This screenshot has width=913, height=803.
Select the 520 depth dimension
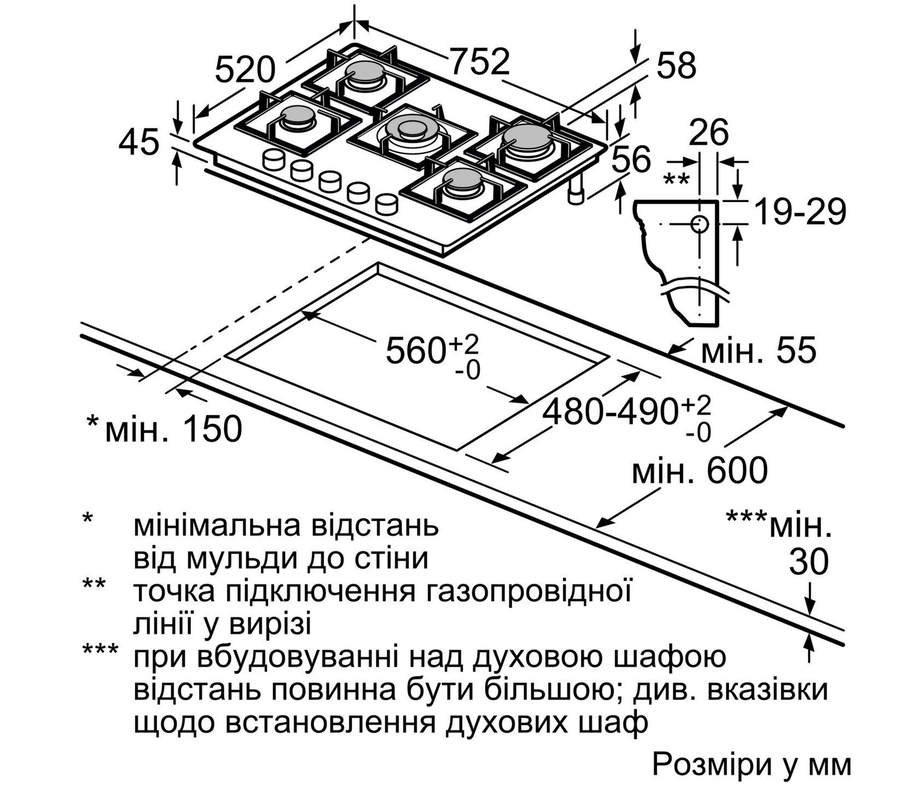point(244,70)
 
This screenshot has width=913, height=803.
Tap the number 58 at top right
point(676,65)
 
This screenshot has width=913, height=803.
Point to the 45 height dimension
point(139,142)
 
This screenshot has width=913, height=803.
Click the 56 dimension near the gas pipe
point(631,159)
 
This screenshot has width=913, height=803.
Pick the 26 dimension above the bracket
point(708,132)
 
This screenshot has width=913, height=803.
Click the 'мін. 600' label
point(700,470)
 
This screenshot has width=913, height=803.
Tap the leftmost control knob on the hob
point(274,159)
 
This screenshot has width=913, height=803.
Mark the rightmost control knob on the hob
point(387,204)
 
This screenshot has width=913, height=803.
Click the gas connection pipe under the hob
point(575,191)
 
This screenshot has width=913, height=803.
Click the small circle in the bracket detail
point(700,224)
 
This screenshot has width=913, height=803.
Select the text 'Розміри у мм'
point(752,765)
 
